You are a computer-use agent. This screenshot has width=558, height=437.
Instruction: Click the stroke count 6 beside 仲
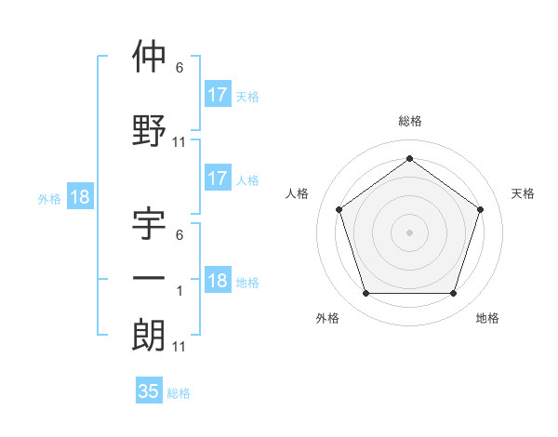pyautogui.click(x=179, y=68)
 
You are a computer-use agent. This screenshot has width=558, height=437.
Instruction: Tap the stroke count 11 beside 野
pyautogui.click(x=179, y=142)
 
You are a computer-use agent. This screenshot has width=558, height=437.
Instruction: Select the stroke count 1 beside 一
pyautogui.click(x=179, y=291)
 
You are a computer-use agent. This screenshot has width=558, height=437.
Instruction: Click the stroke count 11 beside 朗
pyautogui.click(x=179, y=347)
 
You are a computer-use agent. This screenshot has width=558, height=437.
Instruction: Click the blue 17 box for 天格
pyautogui.click(x=217, y=95)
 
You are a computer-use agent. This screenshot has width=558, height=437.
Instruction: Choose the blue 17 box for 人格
pyautogui.click(x=217, y=179)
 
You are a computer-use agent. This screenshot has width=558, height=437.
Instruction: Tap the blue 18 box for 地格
pyautogui.click(x=217, y=281)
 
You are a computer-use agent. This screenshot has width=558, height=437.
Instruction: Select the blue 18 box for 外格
pyautogui.click(x=79, y=197)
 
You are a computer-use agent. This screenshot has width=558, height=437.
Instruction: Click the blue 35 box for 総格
pyautogui.click(x=148, y=391)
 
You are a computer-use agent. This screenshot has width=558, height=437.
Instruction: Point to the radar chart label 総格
pyautogui.click(x=409, y=121)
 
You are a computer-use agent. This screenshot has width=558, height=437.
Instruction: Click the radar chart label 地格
pyautogui.click(x=487, y=318)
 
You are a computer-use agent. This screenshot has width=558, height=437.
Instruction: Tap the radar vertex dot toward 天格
pyautogui.click(x=480, y=209)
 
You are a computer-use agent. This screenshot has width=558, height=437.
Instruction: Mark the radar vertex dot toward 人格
pyautogui.click(x=339, y=209)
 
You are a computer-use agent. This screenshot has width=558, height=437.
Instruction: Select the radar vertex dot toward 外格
pyautogui.click(x=365, y=294)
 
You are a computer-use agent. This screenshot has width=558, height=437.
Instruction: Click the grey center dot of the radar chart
pyautogui.click(x=409, y=232)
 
